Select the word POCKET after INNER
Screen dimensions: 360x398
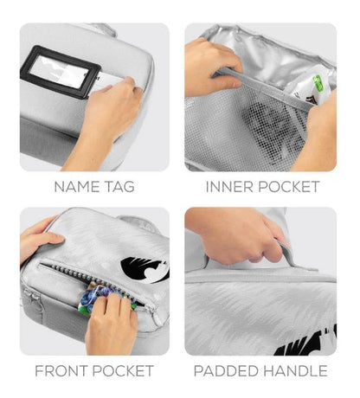(x=289, y=187)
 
